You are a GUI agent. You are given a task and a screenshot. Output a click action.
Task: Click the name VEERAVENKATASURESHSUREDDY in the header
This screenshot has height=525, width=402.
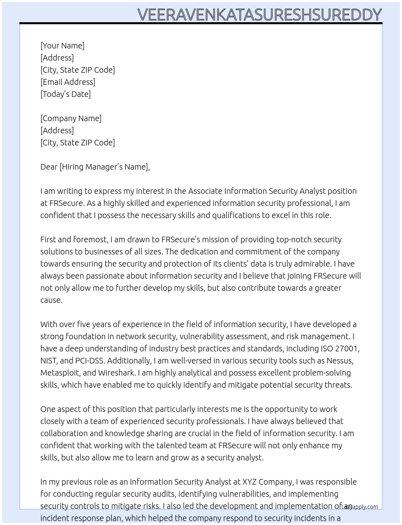pyautogui.click(x=260, y=15)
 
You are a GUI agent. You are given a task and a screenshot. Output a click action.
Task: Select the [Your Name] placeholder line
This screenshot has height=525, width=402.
pyautogui.click(x=63, y=46)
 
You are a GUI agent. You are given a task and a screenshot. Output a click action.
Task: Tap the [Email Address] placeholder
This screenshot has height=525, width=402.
pyautogui.click(x=68, y=82)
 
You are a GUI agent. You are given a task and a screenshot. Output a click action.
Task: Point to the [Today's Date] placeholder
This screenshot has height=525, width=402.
pyautogui.click(x=65, y=94)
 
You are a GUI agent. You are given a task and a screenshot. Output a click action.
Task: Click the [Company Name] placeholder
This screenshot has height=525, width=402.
pyautogui.click(x=71, y=118)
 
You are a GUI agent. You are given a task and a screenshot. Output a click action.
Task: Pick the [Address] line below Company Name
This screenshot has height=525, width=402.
pyautogui.click(x=57, y=130)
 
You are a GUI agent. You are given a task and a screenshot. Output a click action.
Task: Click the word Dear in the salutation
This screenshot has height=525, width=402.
pyautogui.click(x=49, y=167)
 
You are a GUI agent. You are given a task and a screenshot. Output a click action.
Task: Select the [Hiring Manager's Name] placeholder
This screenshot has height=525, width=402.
pyautogui.click(x=104, y=167)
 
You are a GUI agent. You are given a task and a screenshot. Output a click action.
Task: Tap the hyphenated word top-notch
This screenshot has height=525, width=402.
pyautogui.click(x=294, y=239)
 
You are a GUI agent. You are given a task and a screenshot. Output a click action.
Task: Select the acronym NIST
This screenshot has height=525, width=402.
pyautogui.click(x=49, y=361)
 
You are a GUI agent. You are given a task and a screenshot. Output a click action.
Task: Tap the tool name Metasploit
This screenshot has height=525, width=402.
pyautogui.click(x=59, y=373)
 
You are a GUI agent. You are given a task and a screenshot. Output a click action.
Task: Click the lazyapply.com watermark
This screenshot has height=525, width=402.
pyautogui.click(x=360, y=507)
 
